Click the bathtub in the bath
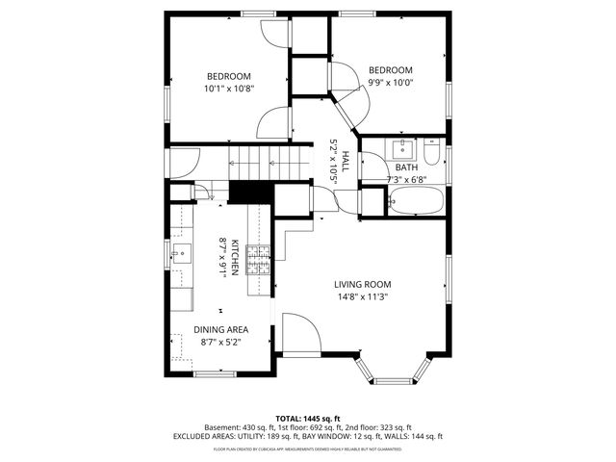416,201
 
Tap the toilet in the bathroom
433,154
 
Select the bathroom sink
401,150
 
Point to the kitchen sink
180,256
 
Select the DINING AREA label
221,329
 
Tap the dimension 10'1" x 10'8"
228,89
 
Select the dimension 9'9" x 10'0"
390,83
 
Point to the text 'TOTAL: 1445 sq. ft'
307,418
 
